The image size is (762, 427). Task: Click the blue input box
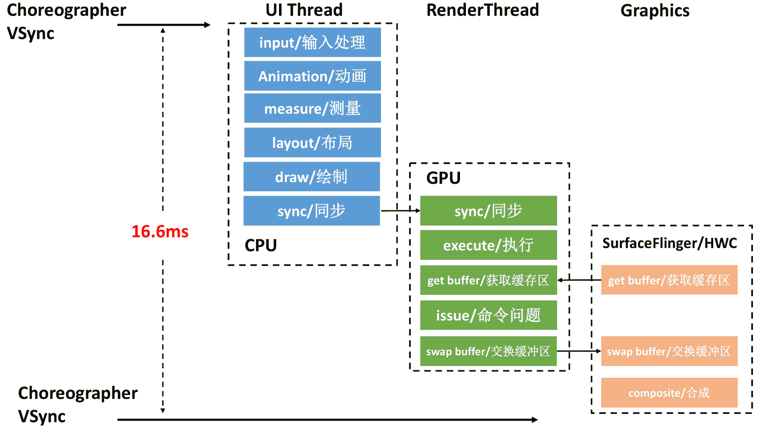tap(312, 42)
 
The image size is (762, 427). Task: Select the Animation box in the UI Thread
tap(312, 76)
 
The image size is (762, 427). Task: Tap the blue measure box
tap(312, 108)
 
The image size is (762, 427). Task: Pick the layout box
tap(312, 142)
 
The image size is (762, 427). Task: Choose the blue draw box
tap(312, 177)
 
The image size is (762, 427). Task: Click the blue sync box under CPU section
tap(312, 211)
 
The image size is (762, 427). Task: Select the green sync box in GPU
tap(488, 211)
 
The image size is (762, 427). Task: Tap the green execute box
tap(488, 245)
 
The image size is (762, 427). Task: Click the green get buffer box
tap(488, 280)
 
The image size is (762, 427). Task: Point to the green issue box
tap(488, 315)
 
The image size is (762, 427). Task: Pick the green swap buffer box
tap(488, 351)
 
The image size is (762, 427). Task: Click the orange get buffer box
tap(669, 280)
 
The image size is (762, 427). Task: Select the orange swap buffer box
tap(669, 351)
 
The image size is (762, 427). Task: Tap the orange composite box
tap(669, 393)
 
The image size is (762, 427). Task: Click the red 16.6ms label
tap(160, 231)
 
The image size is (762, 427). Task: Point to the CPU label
tap(261, 245)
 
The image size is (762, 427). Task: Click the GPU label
tap(443, 178)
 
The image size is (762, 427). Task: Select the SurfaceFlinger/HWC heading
tap(670, 243)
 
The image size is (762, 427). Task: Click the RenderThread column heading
tap(483, 10)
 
